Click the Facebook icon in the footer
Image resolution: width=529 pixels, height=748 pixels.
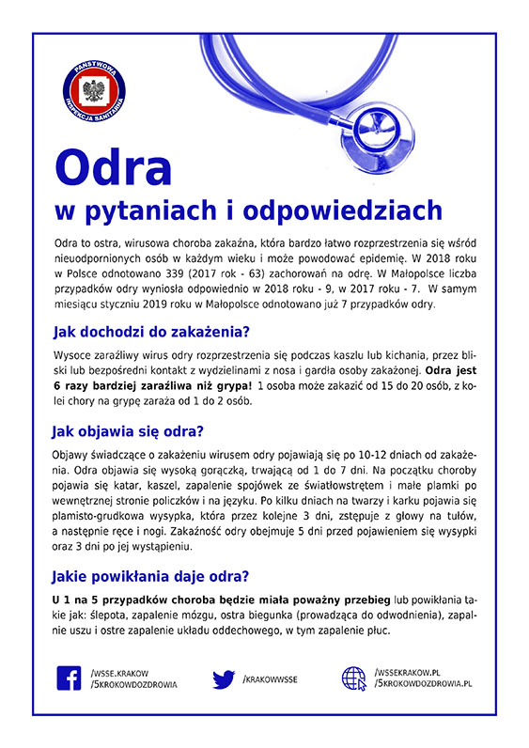69,678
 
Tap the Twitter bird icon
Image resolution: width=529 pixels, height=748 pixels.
223,678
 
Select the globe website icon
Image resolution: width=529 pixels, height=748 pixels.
353,678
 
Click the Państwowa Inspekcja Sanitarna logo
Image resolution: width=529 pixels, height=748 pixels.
92,91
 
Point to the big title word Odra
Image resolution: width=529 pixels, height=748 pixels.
113,167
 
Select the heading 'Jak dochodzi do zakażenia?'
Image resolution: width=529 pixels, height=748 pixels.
157,332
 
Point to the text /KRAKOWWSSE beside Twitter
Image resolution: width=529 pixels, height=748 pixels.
272,678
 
